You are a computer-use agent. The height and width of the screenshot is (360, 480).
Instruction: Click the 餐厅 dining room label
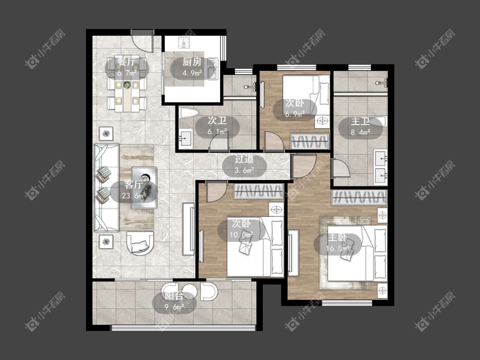[x=127, y=62]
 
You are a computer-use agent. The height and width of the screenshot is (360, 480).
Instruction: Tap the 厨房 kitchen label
[x=192, y=62]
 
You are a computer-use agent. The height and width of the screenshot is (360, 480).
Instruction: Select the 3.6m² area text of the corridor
[x=244, y=170]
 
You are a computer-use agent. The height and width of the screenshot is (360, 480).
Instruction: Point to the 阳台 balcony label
[x=174, y=296]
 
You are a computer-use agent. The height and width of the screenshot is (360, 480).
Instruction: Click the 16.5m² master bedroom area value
[x=337, y=248]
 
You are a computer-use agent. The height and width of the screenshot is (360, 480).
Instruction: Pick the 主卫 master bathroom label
[x=360, y=121]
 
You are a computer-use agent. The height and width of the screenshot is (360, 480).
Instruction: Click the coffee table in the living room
[x=144, y=188]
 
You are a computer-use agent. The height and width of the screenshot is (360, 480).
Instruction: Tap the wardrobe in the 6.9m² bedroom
[x=310, y=142]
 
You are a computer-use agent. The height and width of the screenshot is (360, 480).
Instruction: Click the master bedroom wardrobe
[x=359, y=197]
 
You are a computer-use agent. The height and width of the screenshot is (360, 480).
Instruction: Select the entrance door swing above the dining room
[x=143, y=42]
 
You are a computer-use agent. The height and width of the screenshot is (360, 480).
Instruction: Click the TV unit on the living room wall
[x=188, y=229]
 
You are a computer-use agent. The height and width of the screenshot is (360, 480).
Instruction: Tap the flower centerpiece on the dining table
[x=127, y=85]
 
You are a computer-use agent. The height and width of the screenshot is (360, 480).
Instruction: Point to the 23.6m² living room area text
[x=134, y=196]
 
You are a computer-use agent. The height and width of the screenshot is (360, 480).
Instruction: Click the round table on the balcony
[x=189, y=292]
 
